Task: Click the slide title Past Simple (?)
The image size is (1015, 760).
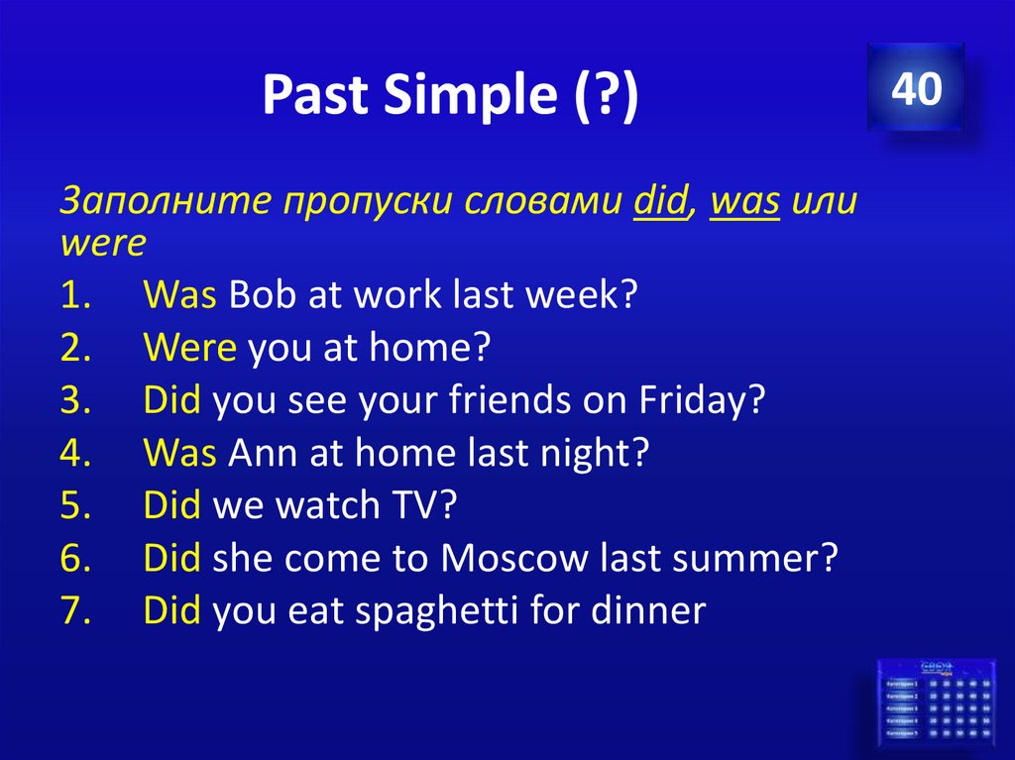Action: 450,96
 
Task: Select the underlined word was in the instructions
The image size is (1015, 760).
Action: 746,202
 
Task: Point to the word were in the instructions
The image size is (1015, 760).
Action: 103,241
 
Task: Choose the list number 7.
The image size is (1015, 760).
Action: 75,610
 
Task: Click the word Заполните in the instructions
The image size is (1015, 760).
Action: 165,202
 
